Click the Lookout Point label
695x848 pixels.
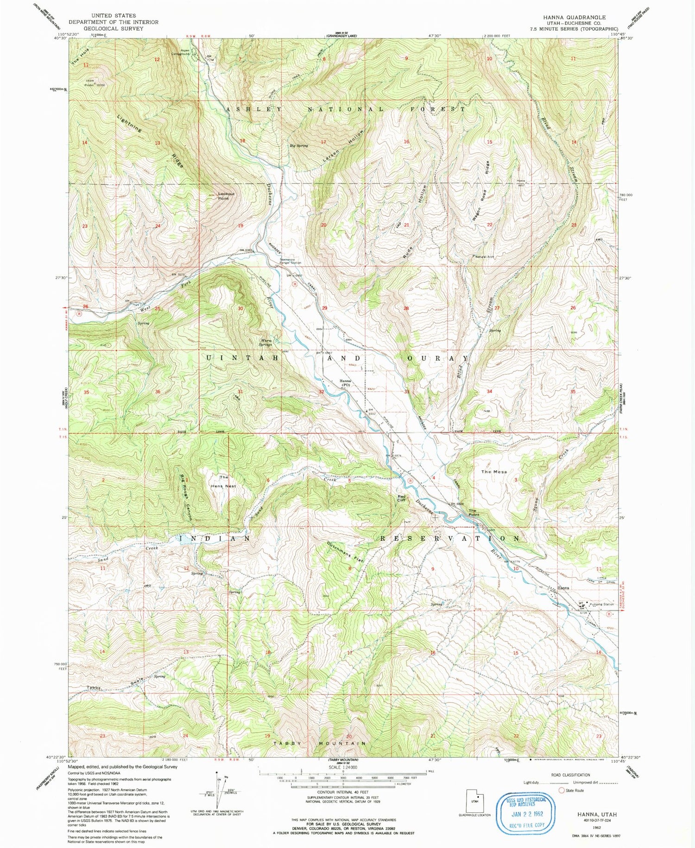(226, 196)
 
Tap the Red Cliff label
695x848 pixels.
(402, 498)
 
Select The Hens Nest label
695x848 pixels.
(224, 481)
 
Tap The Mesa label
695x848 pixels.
(494, 472)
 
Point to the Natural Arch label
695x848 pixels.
(485, 256)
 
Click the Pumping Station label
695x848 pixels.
(601, 604)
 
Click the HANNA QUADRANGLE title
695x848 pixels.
(574, 17)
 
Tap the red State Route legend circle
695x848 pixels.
(562, 790)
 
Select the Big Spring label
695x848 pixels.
(299, 146)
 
